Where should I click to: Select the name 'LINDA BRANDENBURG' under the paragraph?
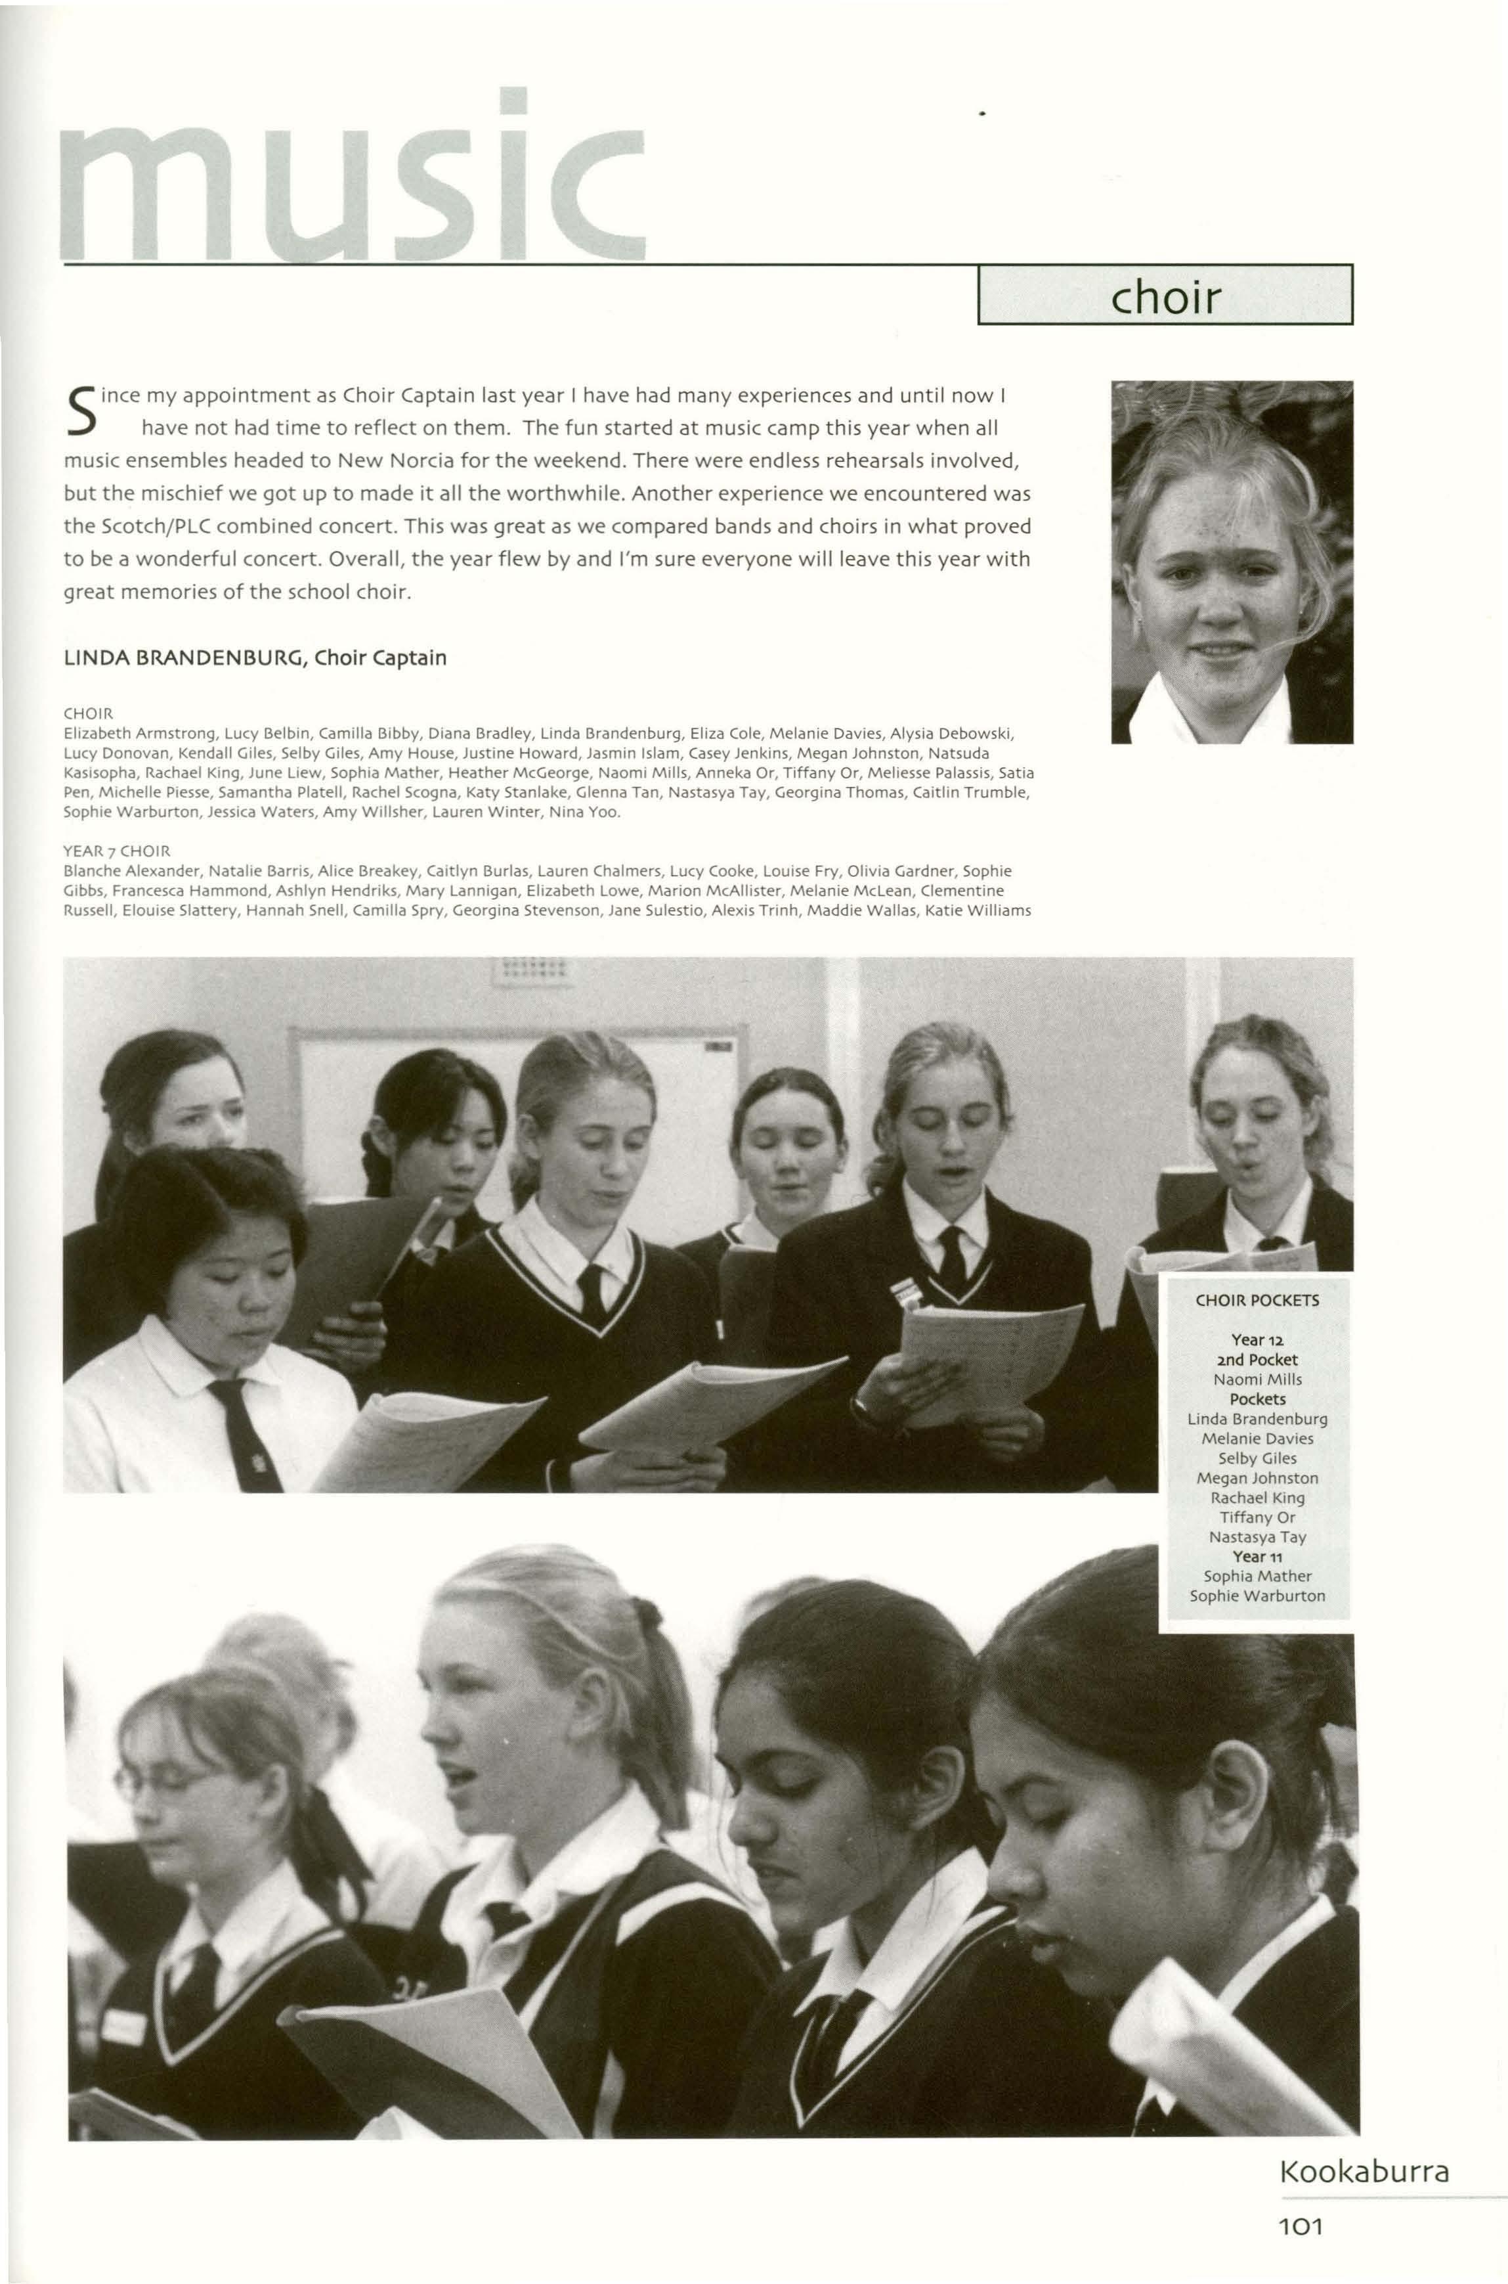(183, 658)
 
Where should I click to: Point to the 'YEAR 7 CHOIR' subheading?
(116, 851)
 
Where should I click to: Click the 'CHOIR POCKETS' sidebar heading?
(1257, 1300)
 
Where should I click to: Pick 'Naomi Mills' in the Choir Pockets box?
(1257, 1379)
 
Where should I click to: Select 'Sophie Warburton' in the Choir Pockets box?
(1257, 1596)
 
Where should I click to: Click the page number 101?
(1301, 2226)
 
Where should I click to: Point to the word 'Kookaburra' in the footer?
(1364, 2172)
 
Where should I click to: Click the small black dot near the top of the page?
(982, 114)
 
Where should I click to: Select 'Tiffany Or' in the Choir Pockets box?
(1257, 1517)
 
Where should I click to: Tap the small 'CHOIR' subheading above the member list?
(87, 714)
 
